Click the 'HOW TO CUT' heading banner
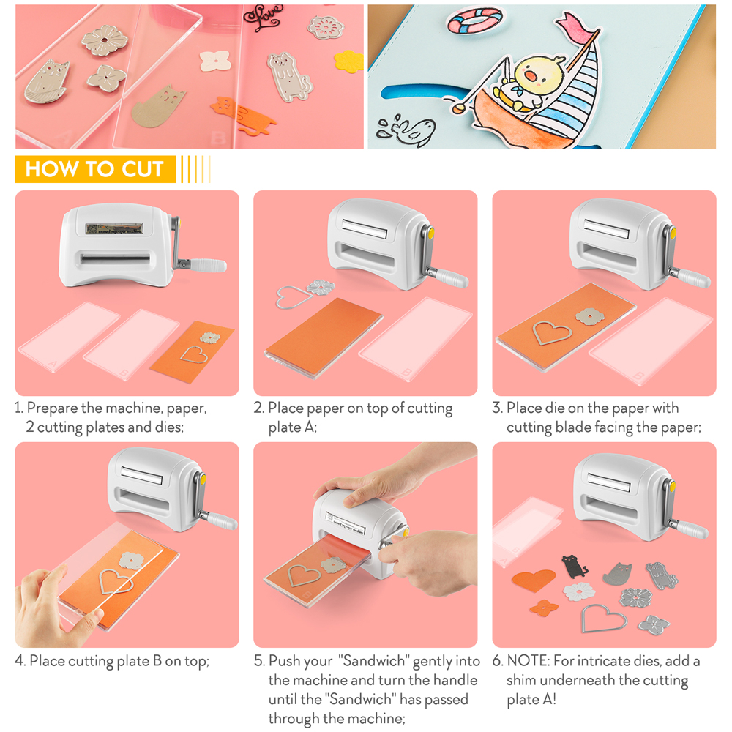click(94, 169)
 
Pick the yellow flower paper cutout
click(349, 61)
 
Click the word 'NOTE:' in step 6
click(529, 662)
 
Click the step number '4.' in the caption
click(20, 662)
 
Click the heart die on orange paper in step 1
click(194, 354)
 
